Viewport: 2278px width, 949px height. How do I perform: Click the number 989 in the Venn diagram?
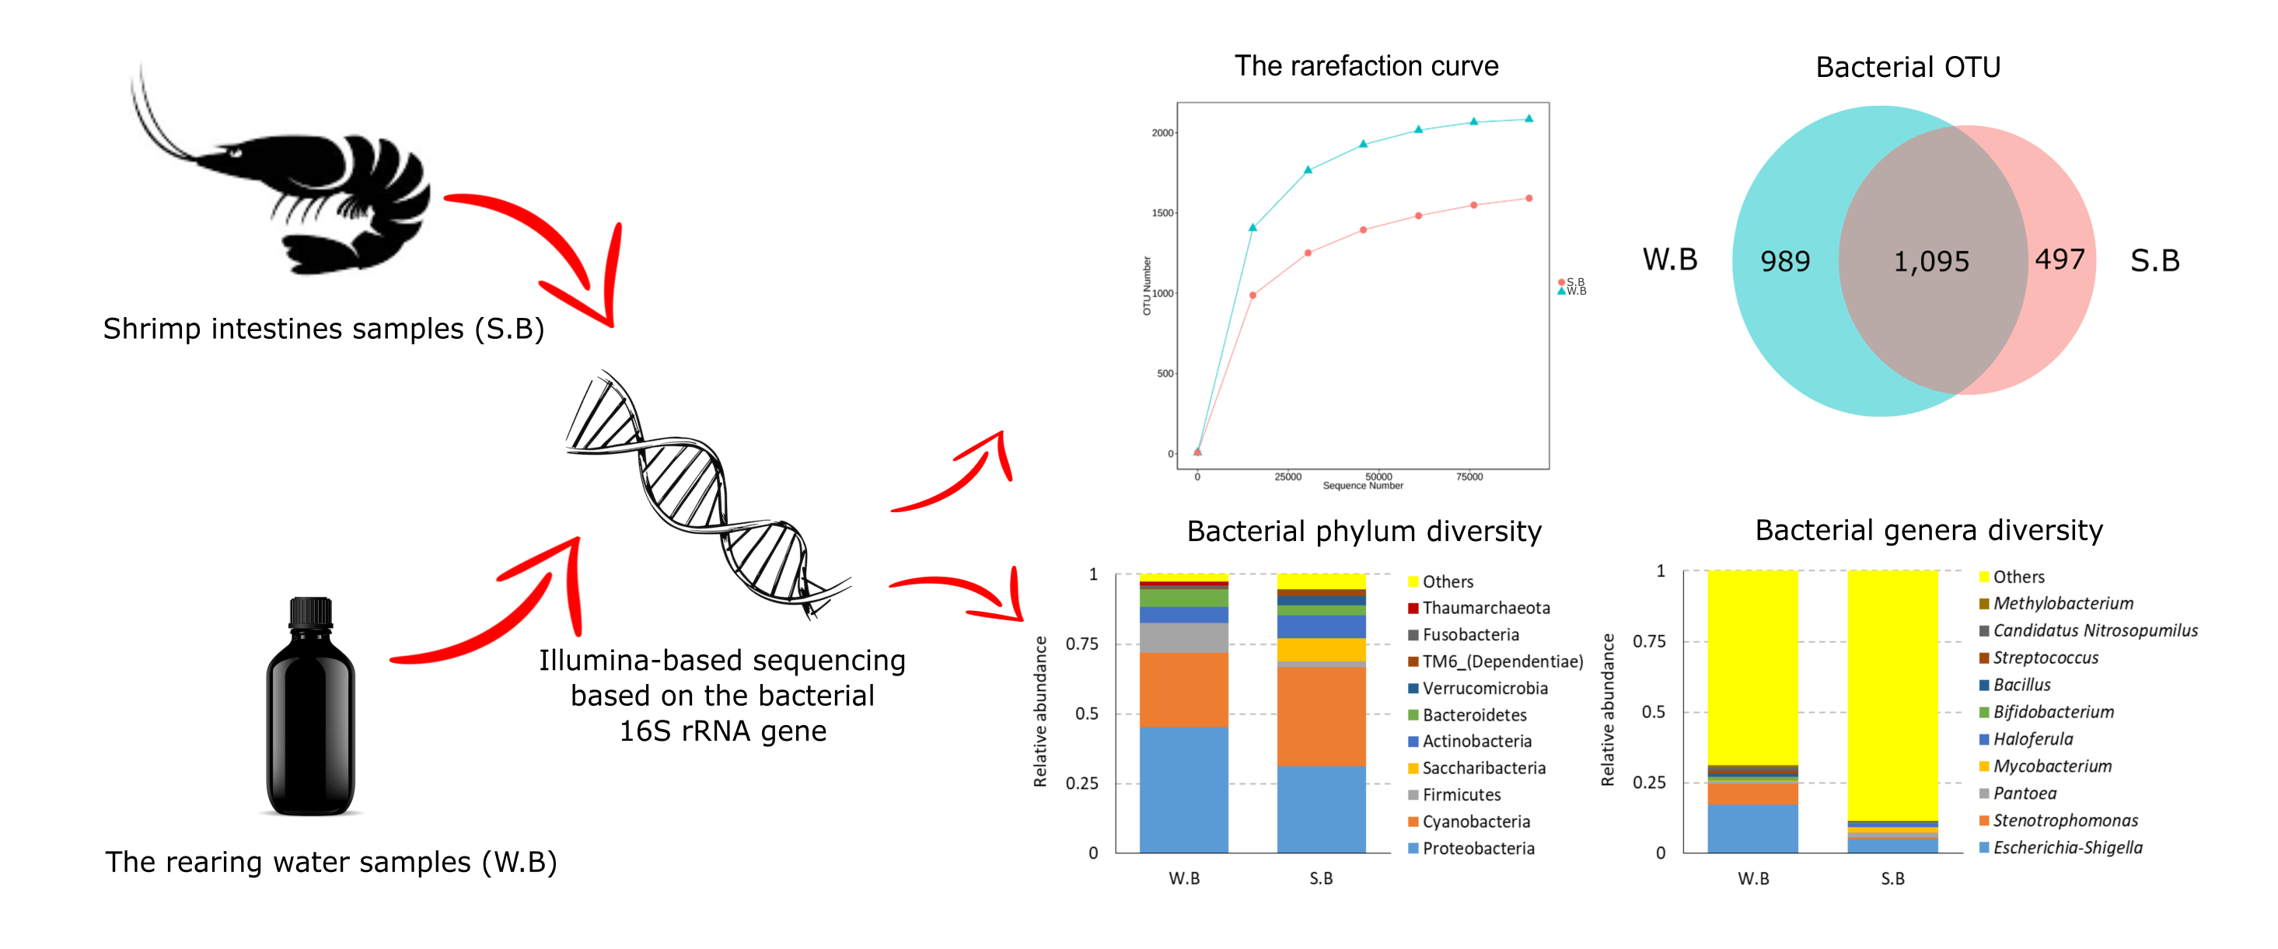click(x=1784, y=262)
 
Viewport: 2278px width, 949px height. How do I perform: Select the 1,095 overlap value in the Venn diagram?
click(x=1930, y=262)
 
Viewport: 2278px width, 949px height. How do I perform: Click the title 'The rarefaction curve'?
click(x=1366, y=66)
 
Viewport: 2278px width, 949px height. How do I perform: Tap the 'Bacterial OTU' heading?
click(x=1907, y=67)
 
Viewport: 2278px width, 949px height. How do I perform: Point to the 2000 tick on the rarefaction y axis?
click(x=1162, y=134)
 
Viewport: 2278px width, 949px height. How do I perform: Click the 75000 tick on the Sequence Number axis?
click(x=1469, y=476)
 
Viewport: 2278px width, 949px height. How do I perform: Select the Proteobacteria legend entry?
click(x=1478, y=849)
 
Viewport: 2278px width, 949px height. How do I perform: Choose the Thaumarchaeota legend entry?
click(x=1485, y=609)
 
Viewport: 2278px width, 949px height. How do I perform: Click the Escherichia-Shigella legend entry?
click(x=2067, y=848)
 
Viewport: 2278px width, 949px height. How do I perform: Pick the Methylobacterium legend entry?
click(x=2062, y=604)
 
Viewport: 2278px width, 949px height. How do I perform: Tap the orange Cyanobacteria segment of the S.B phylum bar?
click(x=1321, y=717)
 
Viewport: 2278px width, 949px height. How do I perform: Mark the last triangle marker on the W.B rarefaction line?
click(x=1529, y=118)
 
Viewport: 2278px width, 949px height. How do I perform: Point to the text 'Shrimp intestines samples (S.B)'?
click(x=323, y=329)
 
